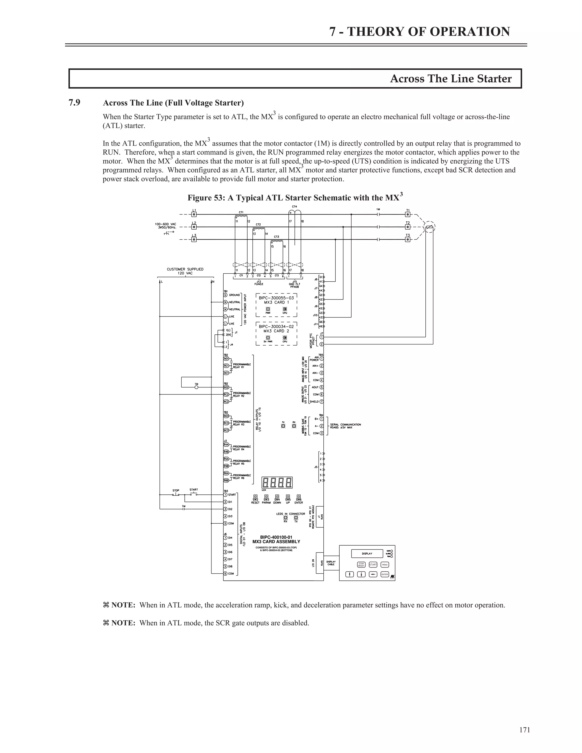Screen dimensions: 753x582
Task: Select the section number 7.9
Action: (x=74, y=103)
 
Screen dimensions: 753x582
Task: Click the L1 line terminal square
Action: (x=194, y=214)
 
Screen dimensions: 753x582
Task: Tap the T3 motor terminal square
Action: (x=408, y=239)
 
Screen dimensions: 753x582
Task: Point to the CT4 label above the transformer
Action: (x=294, y=207)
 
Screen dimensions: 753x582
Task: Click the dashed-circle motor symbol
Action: (x=429, y=227)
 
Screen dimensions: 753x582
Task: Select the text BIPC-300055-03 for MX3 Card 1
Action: (x=276, y=298)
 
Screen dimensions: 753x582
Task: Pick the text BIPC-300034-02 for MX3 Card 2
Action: (x=276, y=326)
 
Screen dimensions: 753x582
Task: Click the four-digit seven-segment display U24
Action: (x=277, y=482)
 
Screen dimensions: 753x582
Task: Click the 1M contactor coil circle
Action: (x=197, y=387)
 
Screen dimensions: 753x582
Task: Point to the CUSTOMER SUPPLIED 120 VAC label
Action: (x=185, y=271)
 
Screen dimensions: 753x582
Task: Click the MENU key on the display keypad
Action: (x=385, y=565)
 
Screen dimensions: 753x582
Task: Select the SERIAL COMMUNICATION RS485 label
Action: (x=346, y=426)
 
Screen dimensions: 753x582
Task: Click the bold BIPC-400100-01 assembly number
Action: (x=276, y=537)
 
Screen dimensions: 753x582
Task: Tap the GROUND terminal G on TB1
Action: (x=225, y=295)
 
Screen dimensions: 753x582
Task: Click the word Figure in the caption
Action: (x=199, y=198)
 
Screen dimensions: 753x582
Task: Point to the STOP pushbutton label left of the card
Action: (x=176, y=490)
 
